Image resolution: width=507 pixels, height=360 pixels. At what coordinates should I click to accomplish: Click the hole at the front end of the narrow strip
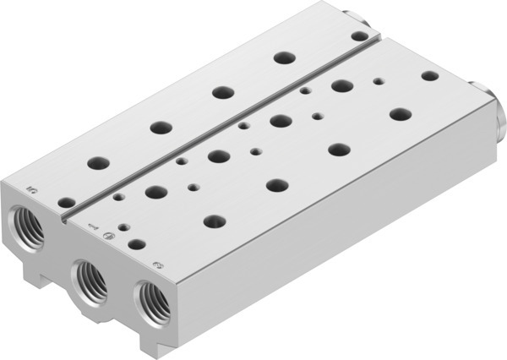click(63, 201)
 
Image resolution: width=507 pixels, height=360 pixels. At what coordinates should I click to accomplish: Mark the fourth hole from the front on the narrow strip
click(223, 91)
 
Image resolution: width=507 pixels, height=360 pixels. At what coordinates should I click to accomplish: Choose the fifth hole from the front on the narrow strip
click(282, 57)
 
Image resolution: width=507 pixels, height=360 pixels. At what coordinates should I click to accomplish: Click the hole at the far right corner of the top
click(430, 75)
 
